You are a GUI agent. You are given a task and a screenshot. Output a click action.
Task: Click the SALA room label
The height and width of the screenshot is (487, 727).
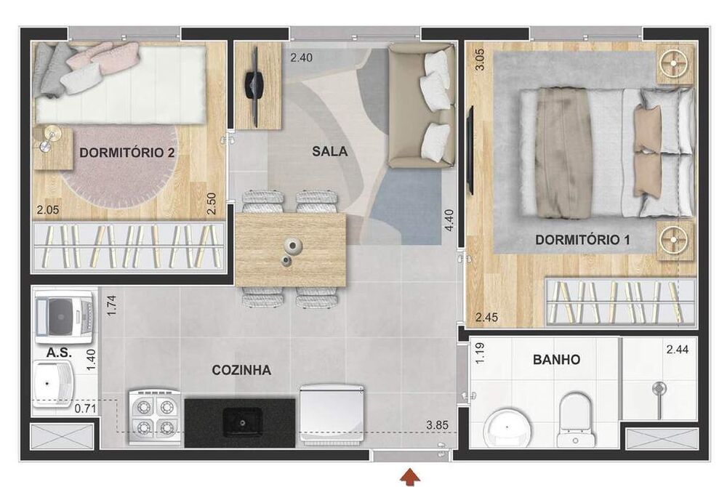[329, 151]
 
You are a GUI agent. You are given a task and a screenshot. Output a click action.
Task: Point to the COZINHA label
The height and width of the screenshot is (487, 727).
[241, 370]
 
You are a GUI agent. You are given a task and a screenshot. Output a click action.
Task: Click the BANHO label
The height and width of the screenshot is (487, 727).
[556, 359]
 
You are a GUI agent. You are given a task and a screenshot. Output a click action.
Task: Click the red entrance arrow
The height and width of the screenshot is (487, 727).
[411, 476]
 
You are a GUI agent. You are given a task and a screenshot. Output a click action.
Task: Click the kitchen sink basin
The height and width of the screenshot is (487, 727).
[242, 421]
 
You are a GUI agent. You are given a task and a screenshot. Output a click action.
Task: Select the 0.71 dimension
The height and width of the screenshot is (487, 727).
[86, 408]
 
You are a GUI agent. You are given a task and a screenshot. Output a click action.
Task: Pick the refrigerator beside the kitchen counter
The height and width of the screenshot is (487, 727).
[332, 415]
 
